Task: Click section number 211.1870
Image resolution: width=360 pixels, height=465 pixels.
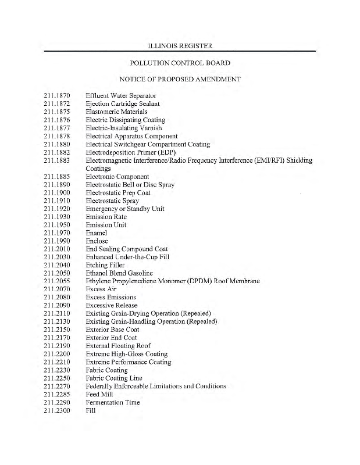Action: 56,95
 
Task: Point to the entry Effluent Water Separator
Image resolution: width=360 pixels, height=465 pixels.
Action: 120,95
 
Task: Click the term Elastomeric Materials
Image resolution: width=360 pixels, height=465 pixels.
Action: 116,112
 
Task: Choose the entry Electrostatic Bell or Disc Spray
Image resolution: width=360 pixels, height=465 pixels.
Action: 130,185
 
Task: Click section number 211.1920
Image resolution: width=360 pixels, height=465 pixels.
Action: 56,209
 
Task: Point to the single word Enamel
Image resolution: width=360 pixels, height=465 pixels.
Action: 96,233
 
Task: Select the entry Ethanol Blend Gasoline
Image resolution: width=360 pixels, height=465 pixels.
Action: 122,273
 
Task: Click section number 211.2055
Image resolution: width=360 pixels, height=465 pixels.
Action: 56,281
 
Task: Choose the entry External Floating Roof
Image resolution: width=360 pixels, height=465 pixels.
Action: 118,346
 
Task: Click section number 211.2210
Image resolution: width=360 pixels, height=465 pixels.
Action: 56,362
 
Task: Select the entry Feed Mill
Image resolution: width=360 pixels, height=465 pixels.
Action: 100,394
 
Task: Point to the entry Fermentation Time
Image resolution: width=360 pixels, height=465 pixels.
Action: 112,402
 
